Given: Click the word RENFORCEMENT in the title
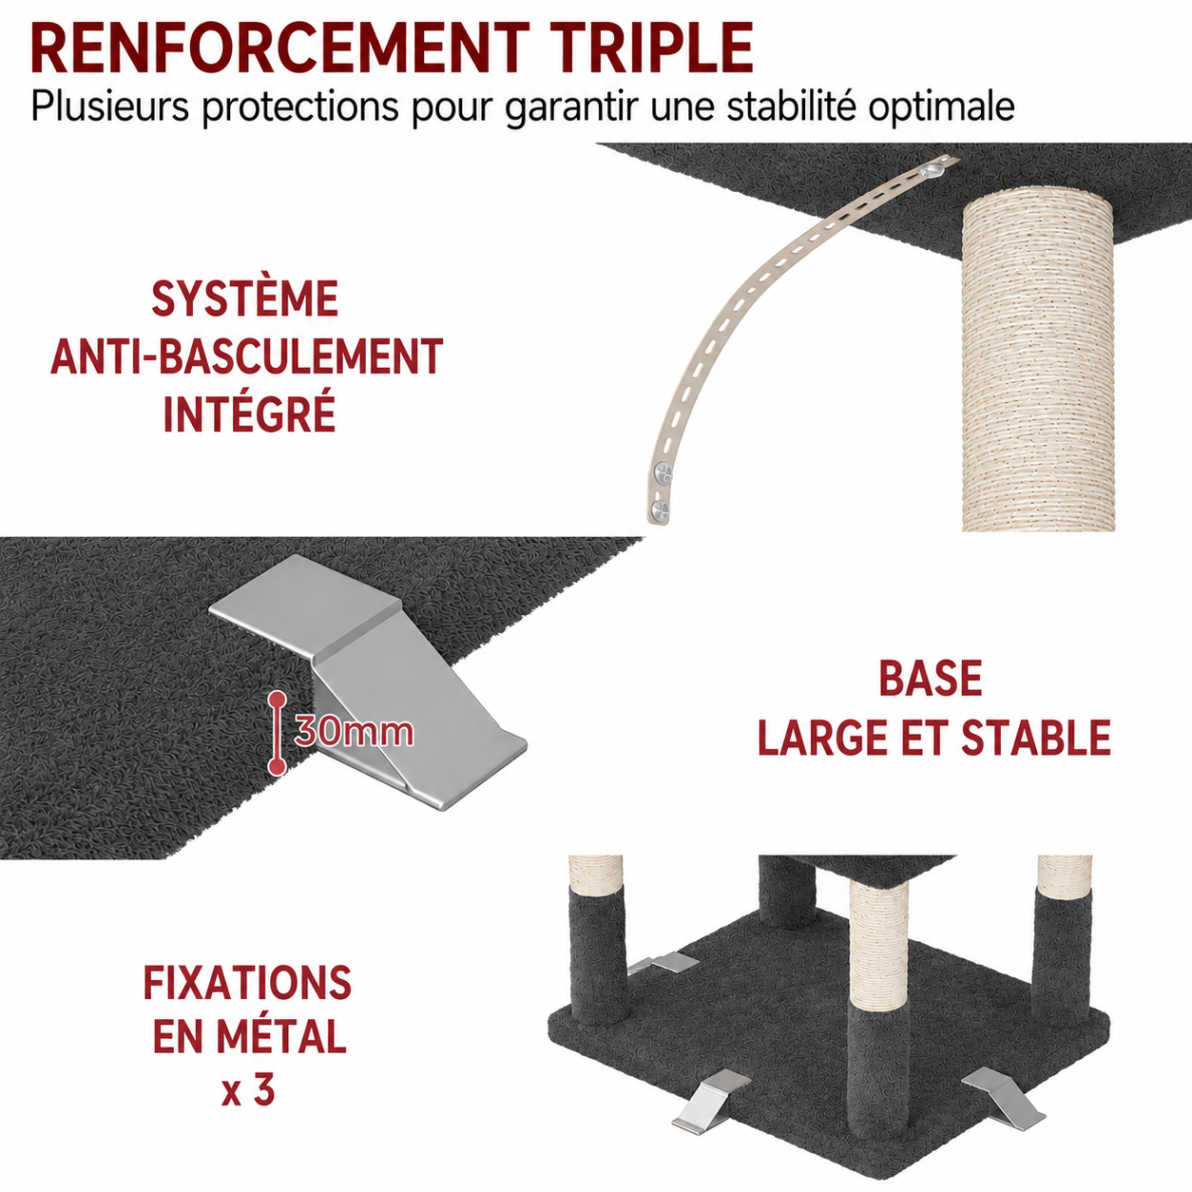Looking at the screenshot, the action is [x=279, y=48].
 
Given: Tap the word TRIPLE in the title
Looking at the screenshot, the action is [x=649, y=48].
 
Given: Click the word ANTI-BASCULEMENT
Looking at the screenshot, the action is [x=247, y=356].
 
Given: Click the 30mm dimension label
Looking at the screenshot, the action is [x=354, y=732].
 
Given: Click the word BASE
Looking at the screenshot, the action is [x=931, y=679].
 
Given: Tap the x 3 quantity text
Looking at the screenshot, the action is [x=247, y=1091].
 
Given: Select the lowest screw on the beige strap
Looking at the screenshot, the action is [x=660, y=511].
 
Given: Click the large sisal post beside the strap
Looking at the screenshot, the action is [x=1029, y=365].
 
